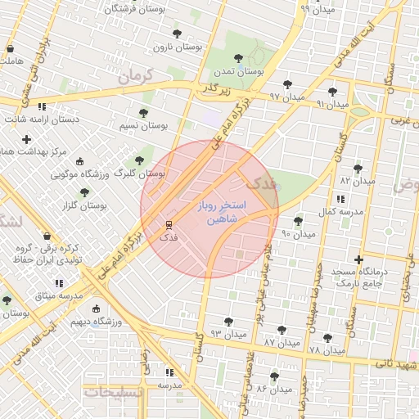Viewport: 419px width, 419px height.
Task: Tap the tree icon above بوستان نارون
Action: pyautogui.click(x=177, y=34)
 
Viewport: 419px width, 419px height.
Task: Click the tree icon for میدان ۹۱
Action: pyautogui.click(x=331, y=92)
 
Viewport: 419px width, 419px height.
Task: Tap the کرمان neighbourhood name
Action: pyautogui.click(x=135, y=79)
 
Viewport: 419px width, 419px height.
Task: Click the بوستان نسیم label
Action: pyautogui.click(x=143, y=126)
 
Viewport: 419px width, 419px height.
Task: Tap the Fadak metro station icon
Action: pyautogui.click(x=169, y=224)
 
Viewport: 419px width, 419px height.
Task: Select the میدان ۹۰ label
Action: pyautogui.click(x=298, y=234)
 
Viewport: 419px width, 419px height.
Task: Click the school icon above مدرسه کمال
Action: pyautogui.click(x=340, y=199)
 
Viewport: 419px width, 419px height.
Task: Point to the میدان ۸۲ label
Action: pyautogui.click(x=357, y=180)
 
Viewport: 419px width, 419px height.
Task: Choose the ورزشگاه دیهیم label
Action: pyautogui.click(x=96, y=322)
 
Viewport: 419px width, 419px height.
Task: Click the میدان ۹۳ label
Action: pyautogui.click(x=227, y=334)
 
